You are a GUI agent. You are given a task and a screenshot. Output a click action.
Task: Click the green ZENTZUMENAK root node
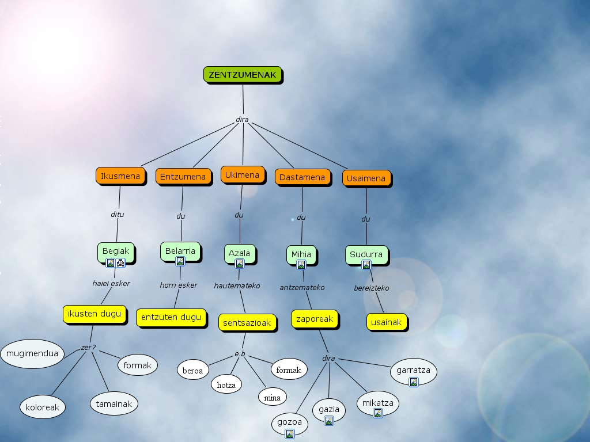(x=243, y=75)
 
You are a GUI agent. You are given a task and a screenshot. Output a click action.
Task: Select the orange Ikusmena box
(x=120, y=176)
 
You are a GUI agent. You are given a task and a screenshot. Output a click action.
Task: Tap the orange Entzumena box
(x=183, y=177)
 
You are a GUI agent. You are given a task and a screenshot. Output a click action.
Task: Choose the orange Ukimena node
(x=242, y=175)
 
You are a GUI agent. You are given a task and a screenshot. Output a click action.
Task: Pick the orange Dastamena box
(x=302, y=177)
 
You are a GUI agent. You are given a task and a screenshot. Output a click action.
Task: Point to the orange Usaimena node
(x=366, y=178)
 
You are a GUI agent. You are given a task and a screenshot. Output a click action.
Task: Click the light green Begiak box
(x=116, y=251)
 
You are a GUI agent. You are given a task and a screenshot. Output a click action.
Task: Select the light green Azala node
(x=239, y=253)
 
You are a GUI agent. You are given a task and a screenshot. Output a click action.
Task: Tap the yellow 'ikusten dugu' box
(x=94, y=314)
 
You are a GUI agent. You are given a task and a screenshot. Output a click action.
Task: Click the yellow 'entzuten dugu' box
(x=171, y=317)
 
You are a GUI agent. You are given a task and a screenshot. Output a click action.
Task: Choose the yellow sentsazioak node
(x=247, y=323)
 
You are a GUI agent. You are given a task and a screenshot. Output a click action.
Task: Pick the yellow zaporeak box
(x=315, y=319)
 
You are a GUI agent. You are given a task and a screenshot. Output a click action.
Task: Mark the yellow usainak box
(x=386, y=322)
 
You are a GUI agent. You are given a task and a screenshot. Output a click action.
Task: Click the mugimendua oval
(x=32, y=353)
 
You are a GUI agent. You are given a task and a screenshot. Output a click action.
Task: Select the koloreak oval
(x=42, y=407)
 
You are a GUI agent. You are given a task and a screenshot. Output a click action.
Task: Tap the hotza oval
(x=226, y=384)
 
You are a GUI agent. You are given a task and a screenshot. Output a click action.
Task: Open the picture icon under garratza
(x=413, y=382)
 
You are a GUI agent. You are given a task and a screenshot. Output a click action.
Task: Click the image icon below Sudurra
(x=366, y=265)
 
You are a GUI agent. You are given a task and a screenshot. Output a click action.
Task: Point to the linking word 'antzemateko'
(x=302, y=287)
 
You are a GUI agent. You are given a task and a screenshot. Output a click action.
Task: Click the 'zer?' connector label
(x=88, y=348)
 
